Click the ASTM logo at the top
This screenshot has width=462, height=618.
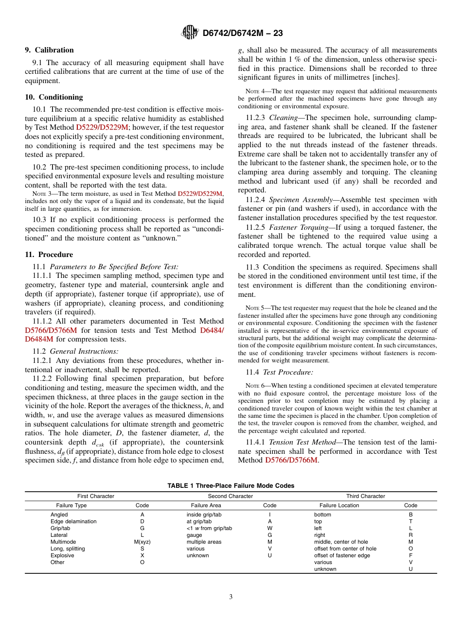click(189, 33)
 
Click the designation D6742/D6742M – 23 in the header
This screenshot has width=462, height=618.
click(242, 33)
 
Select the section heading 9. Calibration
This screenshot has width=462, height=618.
click(49, 50)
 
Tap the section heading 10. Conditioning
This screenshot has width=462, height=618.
click(53, 97)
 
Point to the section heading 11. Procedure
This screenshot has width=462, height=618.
click(49, 255)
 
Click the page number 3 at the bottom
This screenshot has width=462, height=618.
click(231, 597)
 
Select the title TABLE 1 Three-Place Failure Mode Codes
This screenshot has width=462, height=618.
click(231, 486)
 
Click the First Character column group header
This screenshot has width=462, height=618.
click(96, 496)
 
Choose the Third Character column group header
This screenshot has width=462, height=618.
click(365, 496)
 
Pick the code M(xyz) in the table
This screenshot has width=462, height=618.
click(142, 542)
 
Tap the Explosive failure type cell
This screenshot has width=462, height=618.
click(62, 555)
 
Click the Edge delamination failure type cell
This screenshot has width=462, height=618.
click(73, 521)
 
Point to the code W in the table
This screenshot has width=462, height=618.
click(269, 528)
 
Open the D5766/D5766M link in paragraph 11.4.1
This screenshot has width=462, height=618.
click(291, 460)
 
